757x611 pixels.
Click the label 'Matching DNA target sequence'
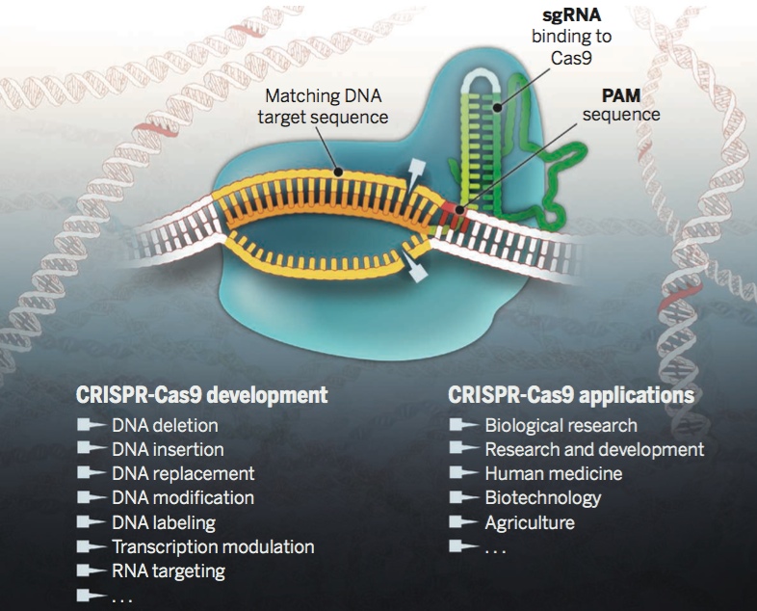[x=326, y=107]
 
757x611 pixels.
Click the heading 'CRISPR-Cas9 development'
[x=201, y=395]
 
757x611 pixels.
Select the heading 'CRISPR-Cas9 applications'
[x=571, y=395]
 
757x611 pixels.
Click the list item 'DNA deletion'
[x=165, y=425]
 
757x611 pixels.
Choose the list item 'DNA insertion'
[x=168, y=449]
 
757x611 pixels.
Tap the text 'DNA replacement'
[x=183, y=474]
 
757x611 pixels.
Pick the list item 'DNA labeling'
[x=164, y=523]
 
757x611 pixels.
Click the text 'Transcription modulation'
[x=213, y=547]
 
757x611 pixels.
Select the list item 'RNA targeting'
[x=169, y=571]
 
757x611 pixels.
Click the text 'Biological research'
[x=561, y=425]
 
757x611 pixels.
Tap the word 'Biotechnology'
[x=542, y=498]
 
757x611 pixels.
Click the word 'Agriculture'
[x=530, y=523]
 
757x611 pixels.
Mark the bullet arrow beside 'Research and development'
[x=463, y=449]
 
